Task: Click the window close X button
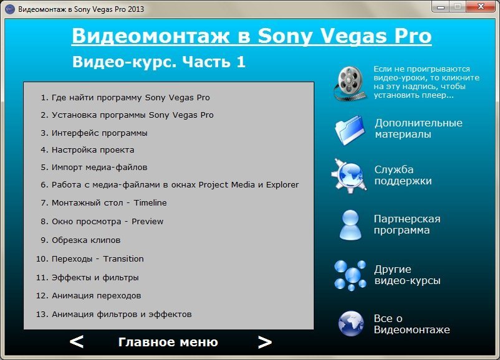click(x=481, y=6)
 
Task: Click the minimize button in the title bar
click(x=441, y=6)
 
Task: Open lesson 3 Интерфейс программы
click(x=94, y=133)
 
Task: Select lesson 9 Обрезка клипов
click(x=80, y=240)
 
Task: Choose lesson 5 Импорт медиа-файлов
click(x=94, y=168)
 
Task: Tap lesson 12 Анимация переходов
click(x=89, y=296)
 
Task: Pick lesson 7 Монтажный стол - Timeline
click(x=103, y=202)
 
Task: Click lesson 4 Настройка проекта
click(x=87, y=149)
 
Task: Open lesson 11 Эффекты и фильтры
click(x=87, y=278)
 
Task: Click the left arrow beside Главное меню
click(x=77, y=342)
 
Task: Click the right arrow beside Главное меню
click(x=265, y=342)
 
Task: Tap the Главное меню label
click(x=168, y=342)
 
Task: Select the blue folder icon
click(x=350, y=130)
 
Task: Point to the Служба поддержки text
click(x=403, y=175)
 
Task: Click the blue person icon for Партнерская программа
click(x=350, y=225)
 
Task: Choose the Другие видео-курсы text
click(x=408, y=275)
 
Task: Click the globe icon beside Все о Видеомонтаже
click(x=351, y=323)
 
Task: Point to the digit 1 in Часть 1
click(x=241, y=62)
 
